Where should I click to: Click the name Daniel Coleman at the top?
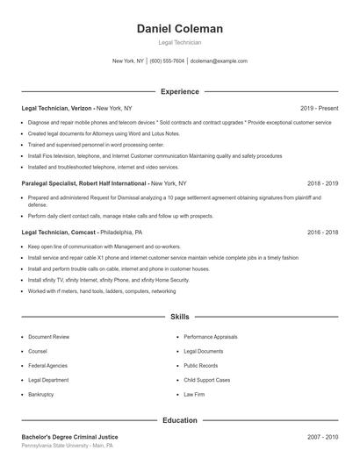tap(179, 28)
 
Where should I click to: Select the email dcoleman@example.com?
tap(219, 61)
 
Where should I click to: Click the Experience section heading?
tap(179, 91)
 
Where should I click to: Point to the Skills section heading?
tap(179, 316)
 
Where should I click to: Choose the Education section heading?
tap(179, 420)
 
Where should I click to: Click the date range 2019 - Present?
tap(319, 108)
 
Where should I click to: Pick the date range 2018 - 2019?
tap(322, 183)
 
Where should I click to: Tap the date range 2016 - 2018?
tap(322, 232)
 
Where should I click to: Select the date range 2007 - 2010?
tap(322, 436)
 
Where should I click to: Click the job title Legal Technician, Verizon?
tap(57, 108)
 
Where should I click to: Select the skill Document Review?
tap(48, 336)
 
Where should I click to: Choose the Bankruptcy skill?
tap(41, 395)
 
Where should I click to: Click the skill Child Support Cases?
tap(207, 380)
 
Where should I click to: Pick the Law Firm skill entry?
tap(195, 395)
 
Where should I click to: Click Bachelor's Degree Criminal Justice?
tap(69, 436)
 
